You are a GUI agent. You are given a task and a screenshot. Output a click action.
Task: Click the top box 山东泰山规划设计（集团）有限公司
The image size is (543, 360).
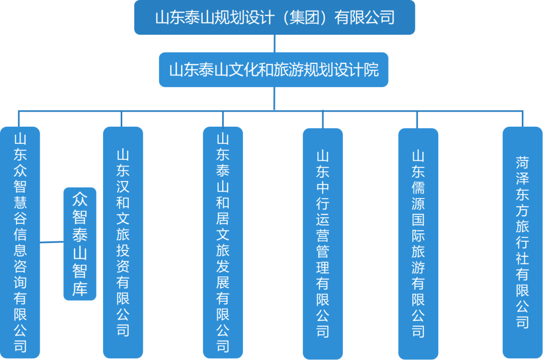click(275, 18)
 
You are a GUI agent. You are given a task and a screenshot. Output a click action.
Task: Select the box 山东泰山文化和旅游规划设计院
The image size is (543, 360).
click(274, 70)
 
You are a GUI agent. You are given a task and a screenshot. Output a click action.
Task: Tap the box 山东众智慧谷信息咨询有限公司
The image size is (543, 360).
click(20, 242)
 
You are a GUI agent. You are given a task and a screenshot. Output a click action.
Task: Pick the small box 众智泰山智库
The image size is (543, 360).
click(80, 243)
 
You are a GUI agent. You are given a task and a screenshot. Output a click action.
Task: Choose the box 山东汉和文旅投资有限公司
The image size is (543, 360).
click(123, 242)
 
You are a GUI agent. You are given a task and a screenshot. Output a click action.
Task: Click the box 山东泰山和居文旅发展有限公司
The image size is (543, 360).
click(223, 242)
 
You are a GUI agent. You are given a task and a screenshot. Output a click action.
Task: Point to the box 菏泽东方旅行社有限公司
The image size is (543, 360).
click(522, 242)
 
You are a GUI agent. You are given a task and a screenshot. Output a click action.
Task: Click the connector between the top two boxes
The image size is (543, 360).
click(275, 44)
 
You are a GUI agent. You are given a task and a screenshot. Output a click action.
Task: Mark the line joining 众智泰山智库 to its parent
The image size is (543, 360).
click(52, 242)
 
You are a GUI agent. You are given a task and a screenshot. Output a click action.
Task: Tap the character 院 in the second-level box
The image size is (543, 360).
click(372, 70)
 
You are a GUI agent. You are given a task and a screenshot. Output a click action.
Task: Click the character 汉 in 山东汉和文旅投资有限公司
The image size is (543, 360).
click(123, 187)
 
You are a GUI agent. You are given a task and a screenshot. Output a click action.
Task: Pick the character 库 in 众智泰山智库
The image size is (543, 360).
click(80, 289)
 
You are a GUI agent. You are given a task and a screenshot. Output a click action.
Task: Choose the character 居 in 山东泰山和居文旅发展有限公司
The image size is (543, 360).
click(223, 219)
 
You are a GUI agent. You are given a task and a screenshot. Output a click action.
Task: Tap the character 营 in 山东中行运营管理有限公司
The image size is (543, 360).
click(323, 235)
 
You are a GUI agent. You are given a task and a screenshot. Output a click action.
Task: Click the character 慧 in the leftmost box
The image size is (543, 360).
click(20, 203)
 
